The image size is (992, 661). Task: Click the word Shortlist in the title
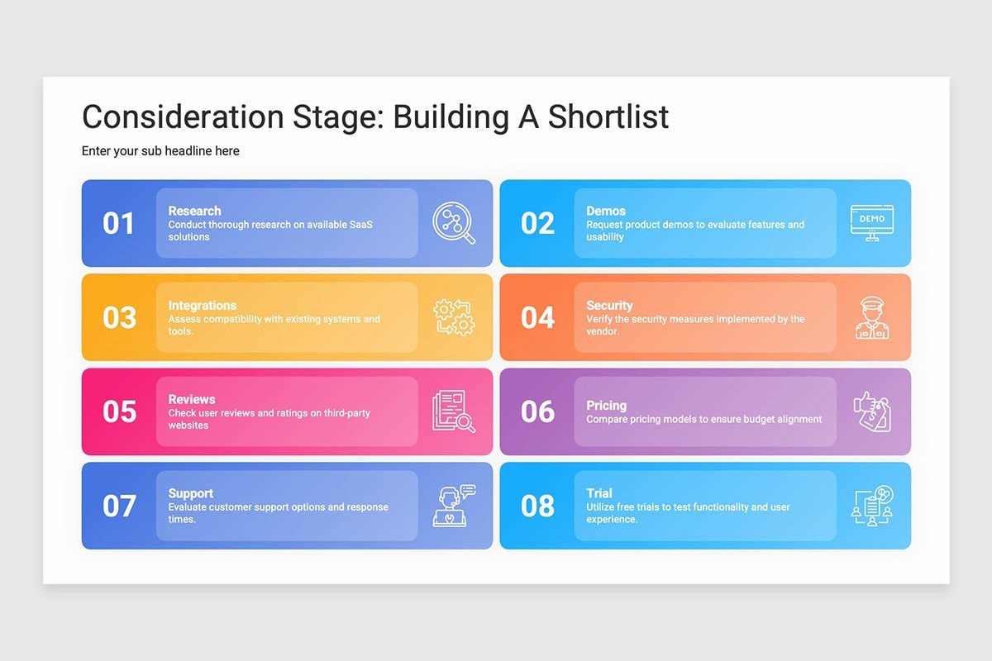tap(608, 117)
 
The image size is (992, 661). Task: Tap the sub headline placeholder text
tap(160, 151)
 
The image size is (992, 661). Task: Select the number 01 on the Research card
tap(118, 223)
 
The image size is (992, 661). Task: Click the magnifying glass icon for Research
tap(454, 223)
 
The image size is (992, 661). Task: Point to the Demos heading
tap(606, 211)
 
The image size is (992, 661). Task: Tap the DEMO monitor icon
tap(872, 223)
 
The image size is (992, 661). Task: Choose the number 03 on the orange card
tap(119, 317)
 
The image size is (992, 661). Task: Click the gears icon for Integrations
tap(454, 317)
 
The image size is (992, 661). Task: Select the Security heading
tap(609, 306)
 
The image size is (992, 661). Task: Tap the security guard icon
tap(872, 317)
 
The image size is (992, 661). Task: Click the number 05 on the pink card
tap(119, 411)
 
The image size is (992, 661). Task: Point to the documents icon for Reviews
tap(454, 411)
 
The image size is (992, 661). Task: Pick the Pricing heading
tap(606, 406)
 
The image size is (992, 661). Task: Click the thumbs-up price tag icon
tap(872, 411)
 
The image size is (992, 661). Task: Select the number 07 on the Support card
tap(119, 506)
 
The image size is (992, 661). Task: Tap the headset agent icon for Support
tap(454, 506)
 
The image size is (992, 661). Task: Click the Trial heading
tap(599, 493)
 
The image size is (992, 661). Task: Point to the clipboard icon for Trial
tap(872, 506)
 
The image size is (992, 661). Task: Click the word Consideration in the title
tap(183, 117)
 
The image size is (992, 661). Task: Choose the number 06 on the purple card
tap(537, 411)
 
